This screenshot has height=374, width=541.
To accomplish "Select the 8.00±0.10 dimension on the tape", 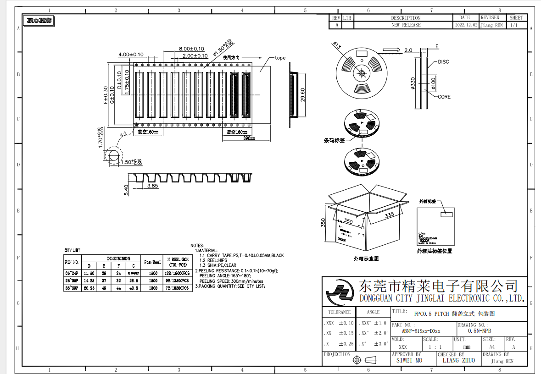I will pos(191,49).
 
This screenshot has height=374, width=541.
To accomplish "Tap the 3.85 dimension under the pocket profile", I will pos(153,186).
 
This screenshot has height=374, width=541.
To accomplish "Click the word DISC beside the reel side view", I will pos(443,62).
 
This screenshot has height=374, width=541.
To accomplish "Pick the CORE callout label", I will pos(444,97).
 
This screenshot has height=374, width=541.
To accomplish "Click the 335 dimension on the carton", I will pos(390,215).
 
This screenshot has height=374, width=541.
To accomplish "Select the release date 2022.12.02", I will pos(465,25).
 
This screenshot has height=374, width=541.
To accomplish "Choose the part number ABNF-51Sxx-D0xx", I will pos(421,331).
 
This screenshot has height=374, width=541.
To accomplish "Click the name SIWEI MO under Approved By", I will pos(409,361).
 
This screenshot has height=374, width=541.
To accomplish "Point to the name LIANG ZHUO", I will pos(458,361).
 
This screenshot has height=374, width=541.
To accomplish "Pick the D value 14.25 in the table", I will pos(89,280).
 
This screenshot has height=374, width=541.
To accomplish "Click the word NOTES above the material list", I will pos(197,246).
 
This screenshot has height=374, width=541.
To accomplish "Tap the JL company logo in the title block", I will pos(340,293).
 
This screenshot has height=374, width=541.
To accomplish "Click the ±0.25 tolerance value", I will pos(346,344).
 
